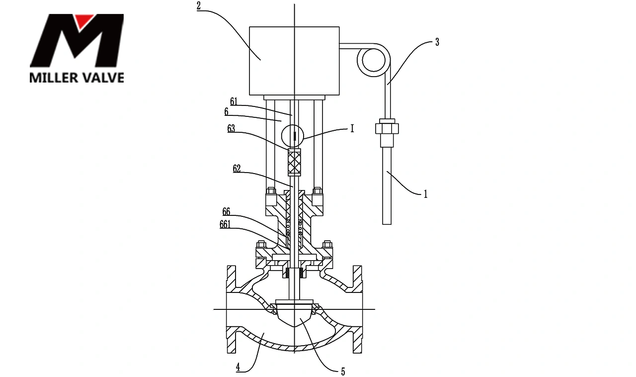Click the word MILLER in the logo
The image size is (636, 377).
click(x=54, y=78)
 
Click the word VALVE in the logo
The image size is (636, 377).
click(x=103, y=78)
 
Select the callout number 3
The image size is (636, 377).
click(x=437, y=42)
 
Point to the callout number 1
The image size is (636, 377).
click(x=425, y=194)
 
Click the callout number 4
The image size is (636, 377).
click(x=238, y=368)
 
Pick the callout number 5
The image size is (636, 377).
click(x=343, y=372)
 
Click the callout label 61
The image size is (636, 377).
click(x=234, y=101)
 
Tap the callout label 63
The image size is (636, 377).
click(x=231, y=129)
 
